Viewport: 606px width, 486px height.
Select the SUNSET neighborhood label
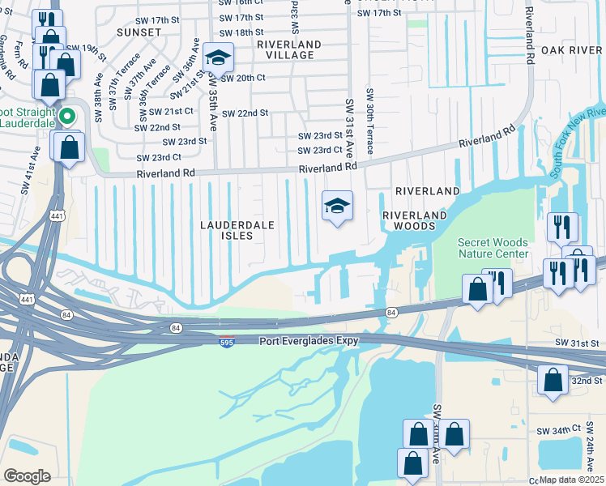tap(139, 32)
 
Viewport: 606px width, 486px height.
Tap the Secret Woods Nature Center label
tap(493, 248)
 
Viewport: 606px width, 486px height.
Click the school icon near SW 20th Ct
tap(217, 58)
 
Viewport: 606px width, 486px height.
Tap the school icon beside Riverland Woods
tap(337, 206)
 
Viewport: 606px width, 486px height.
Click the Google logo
tap(27, 476)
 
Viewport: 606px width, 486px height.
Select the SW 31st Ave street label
tap(350, 128)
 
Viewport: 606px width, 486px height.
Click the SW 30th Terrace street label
tap(369, 122)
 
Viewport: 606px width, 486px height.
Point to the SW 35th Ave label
tap(213, 104)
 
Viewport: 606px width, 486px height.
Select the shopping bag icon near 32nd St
tap(553, 379)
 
